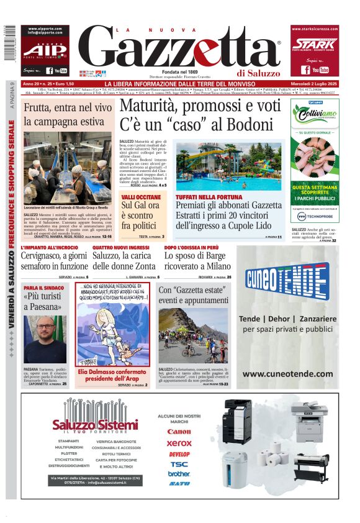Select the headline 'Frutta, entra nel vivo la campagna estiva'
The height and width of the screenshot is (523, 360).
pos(67,114)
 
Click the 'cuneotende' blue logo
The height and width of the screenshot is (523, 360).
pos(287,281)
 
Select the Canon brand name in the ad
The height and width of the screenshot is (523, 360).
pos(179,431)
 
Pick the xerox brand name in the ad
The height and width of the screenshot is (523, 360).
pos(179,443)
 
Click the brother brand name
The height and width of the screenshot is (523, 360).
pos(179,473)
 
